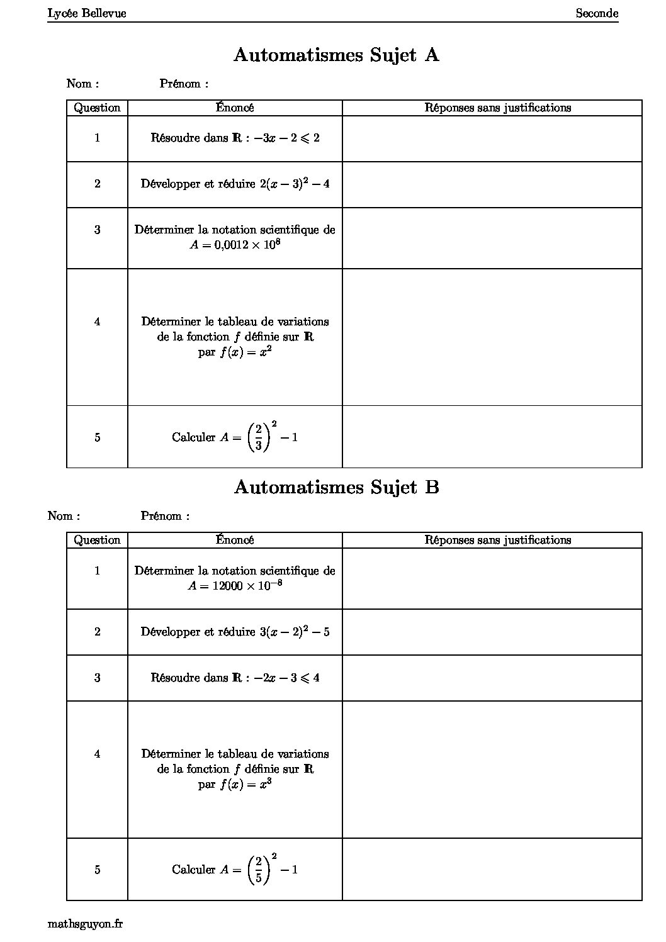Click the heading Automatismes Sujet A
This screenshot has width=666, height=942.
point(336,55)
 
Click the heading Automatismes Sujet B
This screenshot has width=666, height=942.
point(336,488)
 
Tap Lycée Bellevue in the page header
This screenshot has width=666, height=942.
point(87,13)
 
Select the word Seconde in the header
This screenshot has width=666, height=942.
point(597,13)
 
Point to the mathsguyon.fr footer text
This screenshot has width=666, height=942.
point(85,924)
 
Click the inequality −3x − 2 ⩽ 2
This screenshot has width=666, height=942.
point(286,138)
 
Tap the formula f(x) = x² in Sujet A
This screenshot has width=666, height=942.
point(246,352)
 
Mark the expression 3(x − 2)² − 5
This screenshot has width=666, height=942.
point(295,632)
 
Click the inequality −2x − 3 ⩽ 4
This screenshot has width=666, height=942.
point(286,678)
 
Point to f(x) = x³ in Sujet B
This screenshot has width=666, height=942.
point(246,785)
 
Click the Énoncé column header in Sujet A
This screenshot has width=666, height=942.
point(235,108)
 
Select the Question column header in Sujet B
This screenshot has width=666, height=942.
point(97,540)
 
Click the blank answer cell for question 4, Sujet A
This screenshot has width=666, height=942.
point(492,337)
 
